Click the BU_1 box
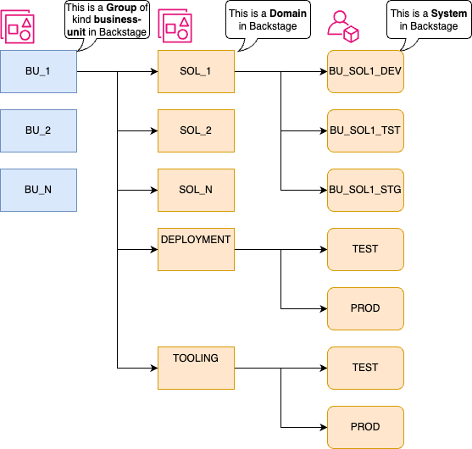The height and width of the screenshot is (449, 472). tap(38, 71)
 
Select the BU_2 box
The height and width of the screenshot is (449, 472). tap(38, 130)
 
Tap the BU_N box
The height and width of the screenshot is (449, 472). tap(38, 190)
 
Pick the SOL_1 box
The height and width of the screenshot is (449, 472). tap(196, 71)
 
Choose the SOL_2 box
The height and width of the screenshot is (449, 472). tap(196, 130)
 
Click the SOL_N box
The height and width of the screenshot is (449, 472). tap(196, 190)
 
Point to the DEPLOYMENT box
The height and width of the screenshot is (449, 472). tap(196, 249)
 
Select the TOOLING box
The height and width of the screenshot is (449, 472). tap(196, 368)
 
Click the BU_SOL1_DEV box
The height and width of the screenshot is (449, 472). tap(364, 71)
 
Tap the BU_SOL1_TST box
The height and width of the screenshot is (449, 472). tap(364, 130)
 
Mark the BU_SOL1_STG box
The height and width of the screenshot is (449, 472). tap(364, 190)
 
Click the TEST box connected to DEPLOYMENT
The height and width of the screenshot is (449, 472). tap(364, 249)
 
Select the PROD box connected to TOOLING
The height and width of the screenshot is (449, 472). tap(364, 427)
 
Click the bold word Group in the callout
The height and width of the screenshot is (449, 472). tap(120, 8)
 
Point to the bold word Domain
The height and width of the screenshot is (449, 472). tap(288, 14)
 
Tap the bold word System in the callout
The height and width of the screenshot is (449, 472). tap(448, 14)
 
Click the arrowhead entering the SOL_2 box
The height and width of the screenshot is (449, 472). tap(153, 130)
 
